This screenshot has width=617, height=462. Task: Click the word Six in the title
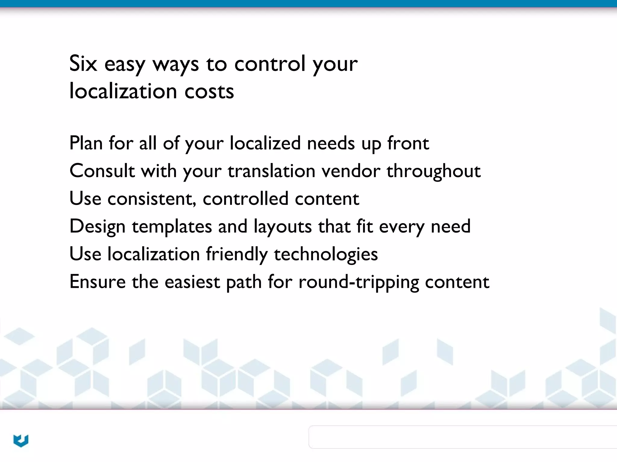[x=83, y=63]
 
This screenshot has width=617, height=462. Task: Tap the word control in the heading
[x=270, y=63]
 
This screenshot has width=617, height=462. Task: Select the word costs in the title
[x=209, y=91]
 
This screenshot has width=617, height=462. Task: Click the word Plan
[x=86, y=143]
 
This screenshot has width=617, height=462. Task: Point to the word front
[x=408, y=143]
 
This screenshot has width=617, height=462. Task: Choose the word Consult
[x=102, y=171]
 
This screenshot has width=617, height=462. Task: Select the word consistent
[x=152, y=199]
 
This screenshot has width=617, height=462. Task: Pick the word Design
[x=97, y=226]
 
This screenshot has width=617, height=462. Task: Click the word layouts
[x=283, y=226]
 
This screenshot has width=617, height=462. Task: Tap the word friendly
[x=236, y=254]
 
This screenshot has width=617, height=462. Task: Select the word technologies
[x=325, y=254]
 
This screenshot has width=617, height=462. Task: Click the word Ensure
[x=97, y=282]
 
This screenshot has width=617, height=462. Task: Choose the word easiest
[x=192, y=282]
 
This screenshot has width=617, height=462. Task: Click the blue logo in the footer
[x=21, y=441]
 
